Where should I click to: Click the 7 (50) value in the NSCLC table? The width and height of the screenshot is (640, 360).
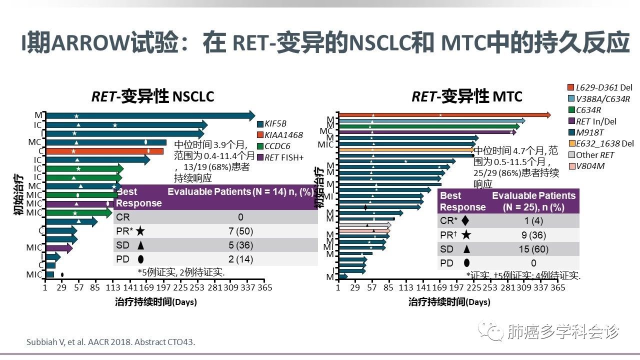[x=240, y=231]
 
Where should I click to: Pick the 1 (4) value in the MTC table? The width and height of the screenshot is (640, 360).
[x=533, y=221]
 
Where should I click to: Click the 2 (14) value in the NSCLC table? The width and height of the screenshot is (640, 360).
[x=240, y=259]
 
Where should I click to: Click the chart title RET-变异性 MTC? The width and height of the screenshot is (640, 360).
[x=460, y=96]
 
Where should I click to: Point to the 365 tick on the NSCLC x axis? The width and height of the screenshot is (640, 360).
[x=264, y=288]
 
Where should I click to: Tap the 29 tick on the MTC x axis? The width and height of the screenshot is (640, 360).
[x=355, y=288]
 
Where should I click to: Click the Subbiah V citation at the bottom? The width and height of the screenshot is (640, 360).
[x=110, y=342]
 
